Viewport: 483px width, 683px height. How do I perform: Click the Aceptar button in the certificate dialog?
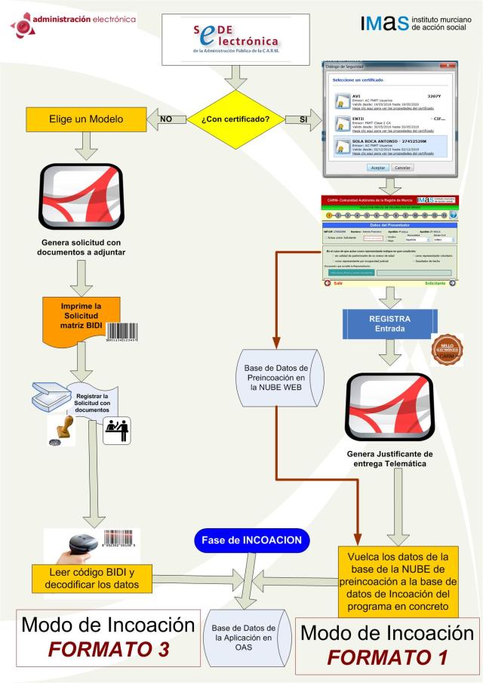click(377, 167)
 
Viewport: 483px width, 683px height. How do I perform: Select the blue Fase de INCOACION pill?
click(252, 541)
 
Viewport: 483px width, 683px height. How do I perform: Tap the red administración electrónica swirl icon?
click(23, 25)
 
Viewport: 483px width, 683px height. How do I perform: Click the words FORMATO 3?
click(102, 650)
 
